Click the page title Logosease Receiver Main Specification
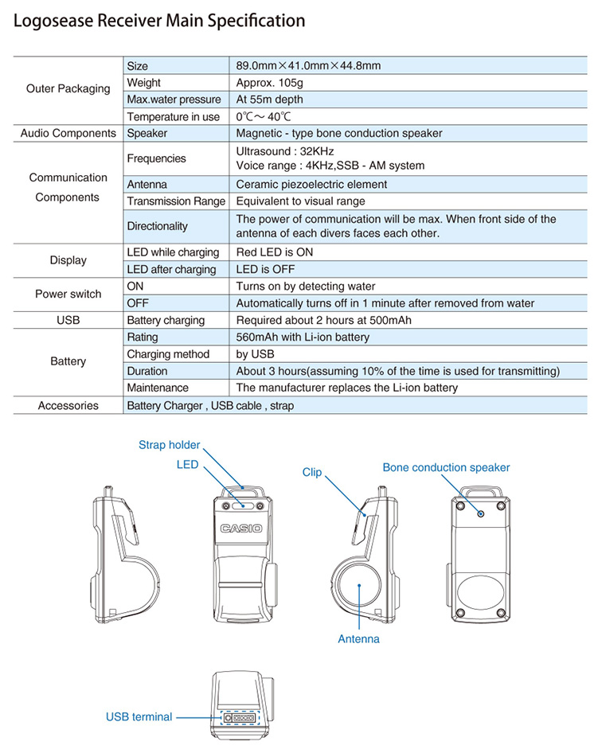coord(159,21)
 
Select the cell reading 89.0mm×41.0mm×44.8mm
coord(308,66)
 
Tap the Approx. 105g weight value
coord(268,83)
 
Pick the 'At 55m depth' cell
coord(269,99)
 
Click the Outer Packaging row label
coord(68,89)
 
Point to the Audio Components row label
coord(68,134)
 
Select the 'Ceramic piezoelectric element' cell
coord(311,185)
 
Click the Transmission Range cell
coord(176,201)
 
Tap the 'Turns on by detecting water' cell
coord(305,286)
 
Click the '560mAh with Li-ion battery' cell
coord(303,337)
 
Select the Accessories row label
coord(68,406)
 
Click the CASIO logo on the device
coord(240,529)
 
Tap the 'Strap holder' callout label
coord(170,445)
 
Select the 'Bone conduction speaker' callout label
coord(446,467)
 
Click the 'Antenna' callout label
coord(358,638)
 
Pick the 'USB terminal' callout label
coord(139,717)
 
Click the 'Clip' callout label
coord(312,472)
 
